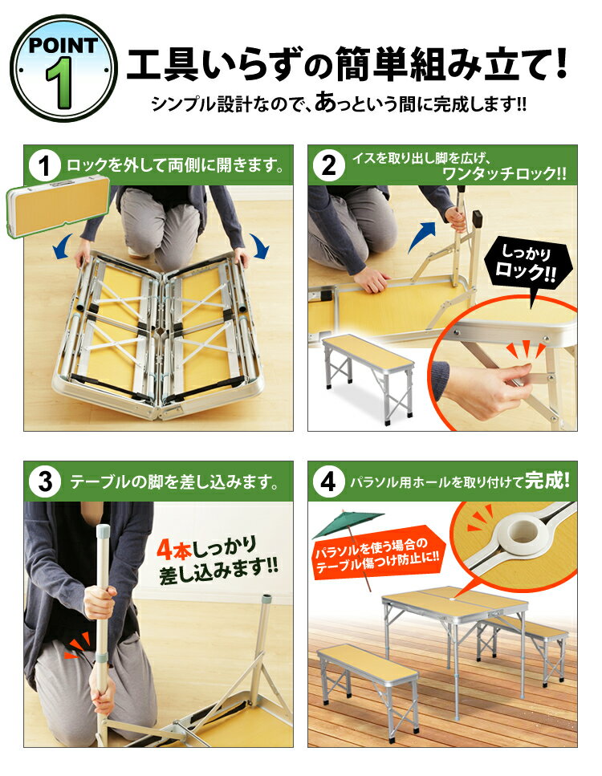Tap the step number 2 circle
point(330,166)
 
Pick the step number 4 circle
point(330,482)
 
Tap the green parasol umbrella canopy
point(348,525)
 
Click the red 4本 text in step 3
point(171,549)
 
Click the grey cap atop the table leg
point(102,530)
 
